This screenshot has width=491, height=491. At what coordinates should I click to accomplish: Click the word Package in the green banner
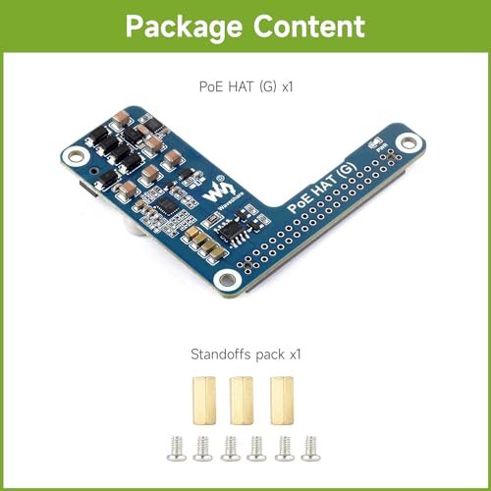point(184,27)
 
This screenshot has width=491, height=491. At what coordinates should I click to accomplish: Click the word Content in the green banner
point(309,27)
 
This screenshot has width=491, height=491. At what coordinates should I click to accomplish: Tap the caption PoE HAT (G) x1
point(245,86)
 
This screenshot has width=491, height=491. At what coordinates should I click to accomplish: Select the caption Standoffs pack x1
point(245,355)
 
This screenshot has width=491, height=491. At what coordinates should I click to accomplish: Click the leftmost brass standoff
point(204,401)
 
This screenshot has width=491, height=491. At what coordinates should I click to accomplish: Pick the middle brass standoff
point(242,401)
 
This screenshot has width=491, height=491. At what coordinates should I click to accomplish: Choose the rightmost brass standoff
point(282,401)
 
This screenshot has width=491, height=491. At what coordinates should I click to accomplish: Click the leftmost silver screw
point(177,449)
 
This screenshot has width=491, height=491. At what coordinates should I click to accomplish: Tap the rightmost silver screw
point(310,449)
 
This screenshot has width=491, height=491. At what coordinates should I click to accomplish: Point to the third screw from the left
point(231,449)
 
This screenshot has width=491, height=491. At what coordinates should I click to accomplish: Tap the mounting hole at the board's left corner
point(75,156)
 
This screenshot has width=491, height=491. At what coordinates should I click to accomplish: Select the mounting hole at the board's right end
point(409,143)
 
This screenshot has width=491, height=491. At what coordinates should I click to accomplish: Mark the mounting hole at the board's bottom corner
point(227,280)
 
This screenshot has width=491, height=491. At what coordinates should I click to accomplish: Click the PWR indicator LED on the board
point(375,142)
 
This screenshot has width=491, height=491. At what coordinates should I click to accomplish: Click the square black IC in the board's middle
point(166,206)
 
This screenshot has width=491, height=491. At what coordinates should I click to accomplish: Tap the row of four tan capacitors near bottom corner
point(203,243)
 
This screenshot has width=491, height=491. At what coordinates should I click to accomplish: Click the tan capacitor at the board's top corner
point(122,118)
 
